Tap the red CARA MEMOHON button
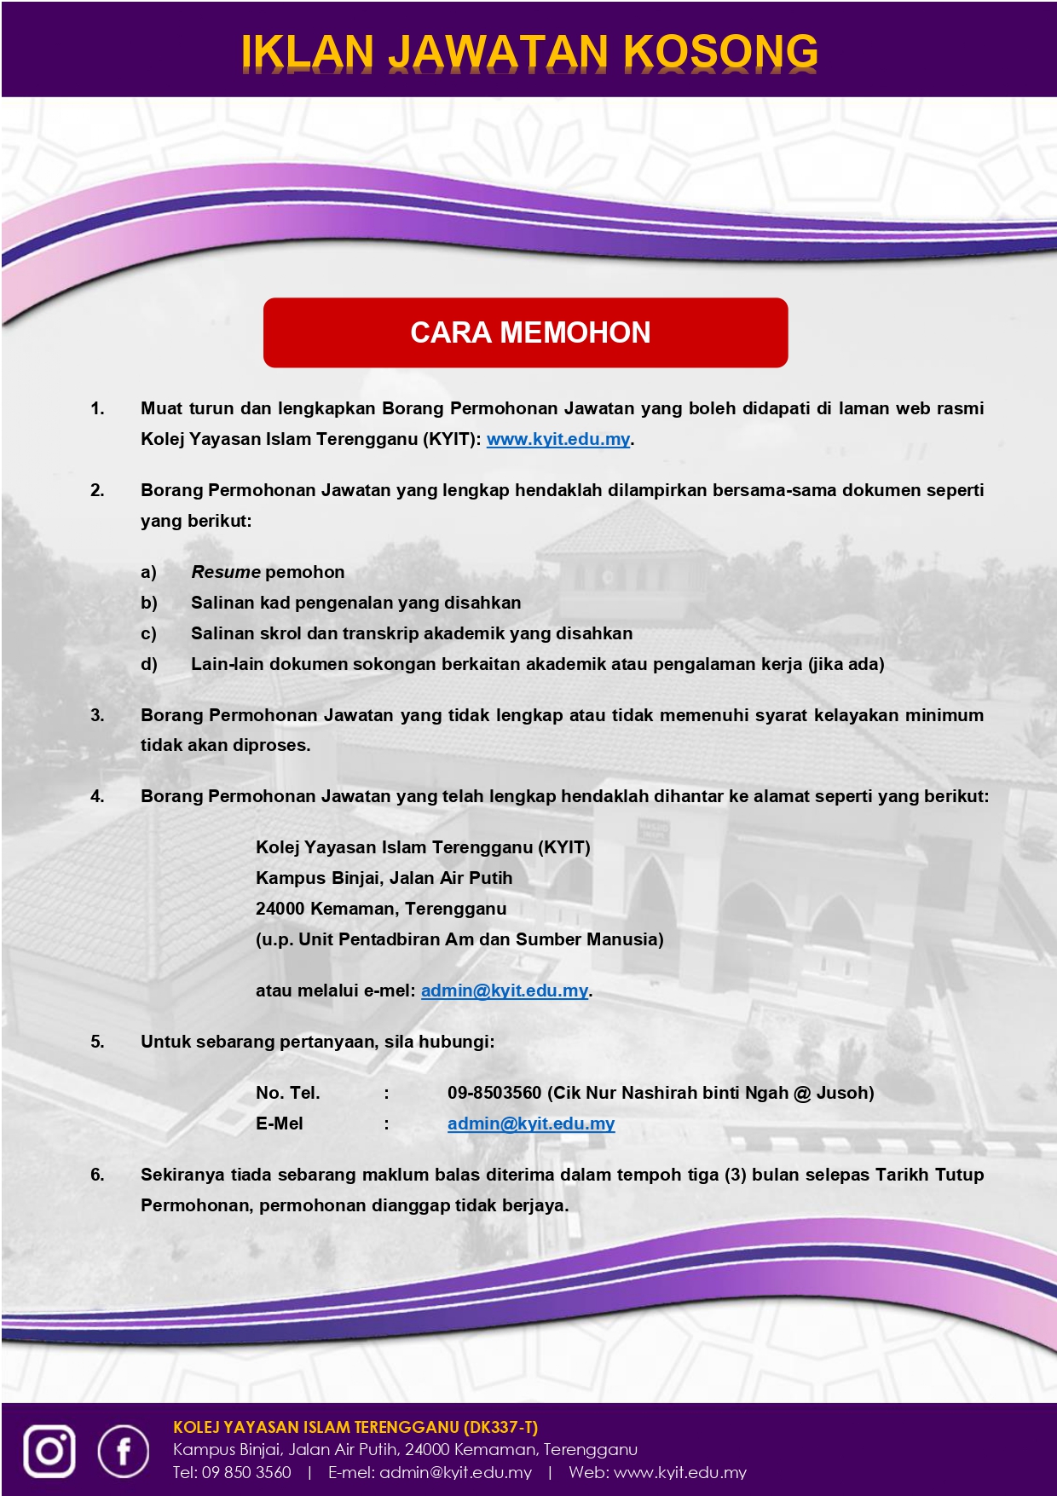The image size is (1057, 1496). point(525,332)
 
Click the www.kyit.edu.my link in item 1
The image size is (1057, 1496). point(558,439)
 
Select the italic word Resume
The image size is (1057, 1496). point(226,572)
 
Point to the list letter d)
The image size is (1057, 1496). point(149,664)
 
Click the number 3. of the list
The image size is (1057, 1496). point(98,715)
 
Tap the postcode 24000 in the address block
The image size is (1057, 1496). point(280,909)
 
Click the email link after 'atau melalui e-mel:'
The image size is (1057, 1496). point(505,991)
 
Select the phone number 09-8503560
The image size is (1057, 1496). point(494,1093)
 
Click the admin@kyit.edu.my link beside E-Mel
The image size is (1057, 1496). point(531,1123)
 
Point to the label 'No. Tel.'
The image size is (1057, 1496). point(288,1093)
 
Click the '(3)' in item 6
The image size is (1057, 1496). point(736,1175)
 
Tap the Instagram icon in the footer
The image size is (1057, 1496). point(49,1450)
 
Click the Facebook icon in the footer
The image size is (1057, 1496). point(124,1450)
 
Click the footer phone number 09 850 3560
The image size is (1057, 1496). point(246,1472)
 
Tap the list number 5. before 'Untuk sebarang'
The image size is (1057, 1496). point(98,1042)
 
